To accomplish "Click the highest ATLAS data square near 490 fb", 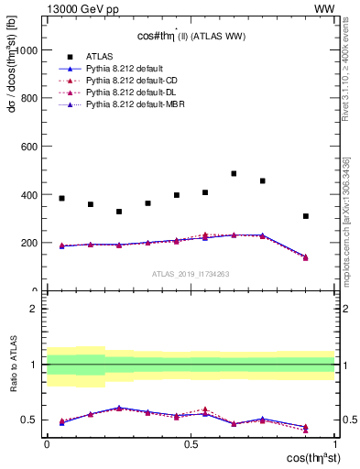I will click(234, 173).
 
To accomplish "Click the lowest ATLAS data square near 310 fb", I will click(306, 216).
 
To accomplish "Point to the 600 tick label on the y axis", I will click(30, 147).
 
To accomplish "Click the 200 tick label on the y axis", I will click(30, 244).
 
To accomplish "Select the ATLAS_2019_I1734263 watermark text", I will click(191, 274).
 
